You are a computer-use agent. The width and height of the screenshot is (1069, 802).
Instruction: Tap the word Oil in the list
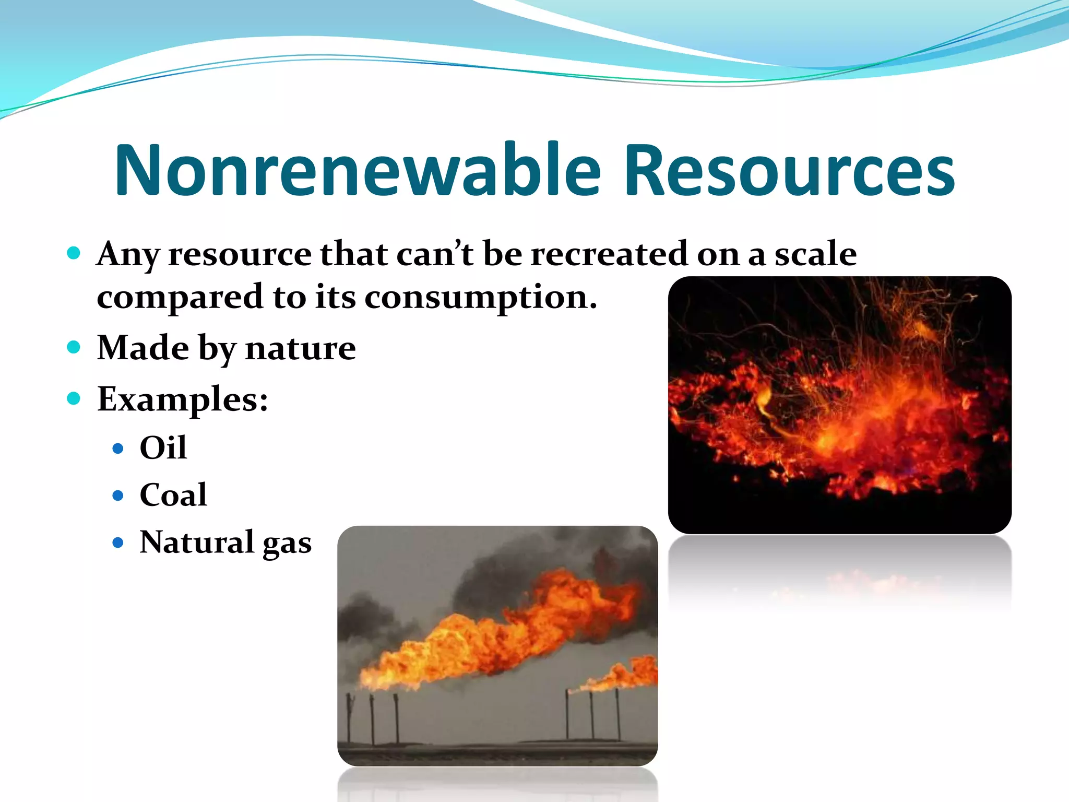pos(163,447)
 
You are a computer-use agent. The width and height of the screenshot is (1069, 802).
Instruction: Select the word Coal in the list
pos(173,494)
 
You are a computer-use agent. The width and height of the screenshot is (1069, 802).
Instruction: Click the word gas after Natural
pos(287,544)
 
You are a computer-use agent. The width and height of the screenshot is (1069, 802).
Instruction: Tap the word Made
pos(143,348)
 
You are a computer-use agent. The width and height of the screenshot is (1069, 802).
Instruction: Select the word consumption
pos(480,298)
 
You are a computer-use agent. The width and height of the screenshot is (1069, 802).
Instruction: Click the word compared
pos(180,298)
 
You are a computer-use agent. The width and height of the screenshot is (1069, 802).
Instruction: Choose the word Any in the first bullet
pos(128,255)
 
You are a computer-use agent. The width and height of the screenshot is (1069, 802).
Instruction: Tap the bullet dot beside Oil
pos(118,448)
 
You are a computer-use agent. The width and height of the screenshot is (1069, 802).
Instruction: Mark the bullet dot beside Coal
pos(118,495)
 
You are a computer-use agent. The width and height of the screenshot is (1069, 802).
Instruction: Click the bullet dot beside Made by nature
pos(74,347)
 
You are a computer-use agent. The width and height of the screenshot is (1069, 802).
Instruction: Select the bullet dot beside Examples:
pos(74,399)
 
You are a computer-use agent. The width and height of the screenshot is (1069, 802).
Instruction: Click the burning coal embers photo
pos(839,405)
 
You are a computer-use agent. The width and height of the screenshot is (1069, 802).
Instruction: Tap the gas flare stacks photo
pos(497,645)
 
